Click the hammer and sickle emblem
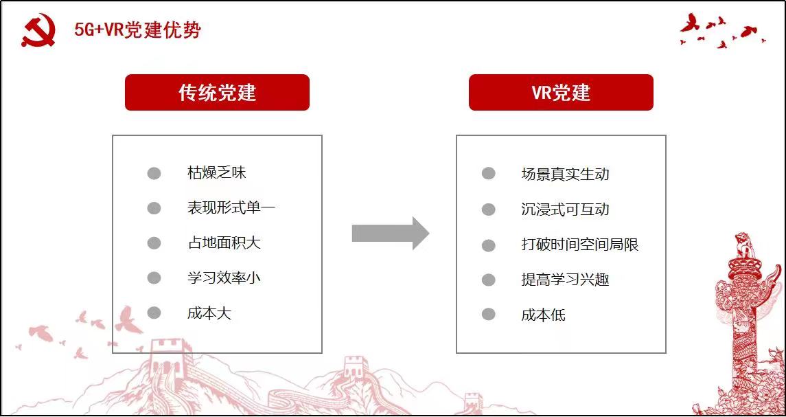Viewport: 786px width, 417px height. [x=38, y=30]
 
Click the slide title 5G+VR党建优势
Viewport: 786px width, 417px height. [x=138, y=30]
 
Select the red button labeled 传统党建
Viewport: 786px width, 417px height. [x=217, y=92]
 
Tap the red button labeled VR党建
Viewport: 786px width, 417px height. [x=561, y=92]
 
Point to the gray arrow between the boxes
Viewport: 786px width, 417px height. [x=391, y=234]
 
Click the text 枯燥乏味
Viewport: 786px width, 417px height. [x=216, y=173]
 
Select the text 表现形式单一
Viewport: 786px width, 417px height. [x=231, y=207]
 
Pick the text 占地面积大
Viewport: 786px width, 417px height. [x=224, y=243]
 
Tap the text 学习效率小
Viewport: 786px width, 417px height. [x=224, y=278]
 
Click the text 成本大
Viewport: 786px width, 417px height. [x=209, y=313]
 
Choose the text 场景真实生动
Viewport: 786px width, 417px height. [x=565, y=174]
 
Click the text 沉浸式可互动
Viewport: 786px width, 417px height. [x=565, y=209]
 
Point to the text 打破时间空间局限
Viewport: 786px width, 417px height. [x=580, y=245]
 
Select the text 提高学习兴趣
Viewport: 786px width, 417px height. [x=565, y=280]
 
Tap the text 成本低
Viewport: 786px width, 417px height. [x=544, y=315]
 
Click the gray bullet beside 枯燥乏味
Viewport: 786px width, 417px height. [x=154, y=174]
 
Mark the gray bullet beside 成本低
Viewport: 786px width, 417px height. [x=489, y=315]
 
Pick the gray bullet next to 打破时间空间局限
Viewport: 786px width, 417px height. [x=489, y=245]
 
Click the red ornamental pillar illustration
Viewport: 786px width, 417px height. [x=747, y=321]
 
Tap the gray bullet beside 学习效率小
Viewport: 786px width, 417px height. [x=154, y=278]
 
